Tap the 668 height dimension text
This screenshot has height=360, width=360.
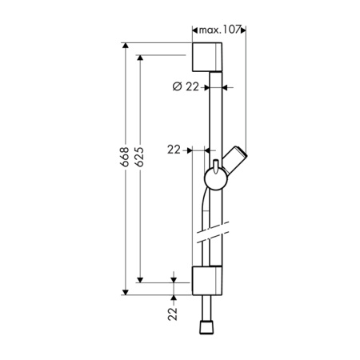125,157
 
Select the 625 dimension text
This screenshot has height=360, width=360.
139,157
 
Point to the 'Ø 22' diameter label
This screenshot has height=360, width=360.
186,86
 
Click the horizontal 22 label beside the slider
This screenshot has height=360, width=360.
174,150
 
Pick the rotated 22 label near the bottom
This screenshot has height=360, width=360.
173,314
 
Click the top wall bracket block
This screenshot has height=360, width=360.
207,57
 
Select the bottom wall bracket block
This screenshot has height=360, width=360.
207,281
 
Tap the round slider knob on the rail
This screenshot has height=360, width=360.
216,179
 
